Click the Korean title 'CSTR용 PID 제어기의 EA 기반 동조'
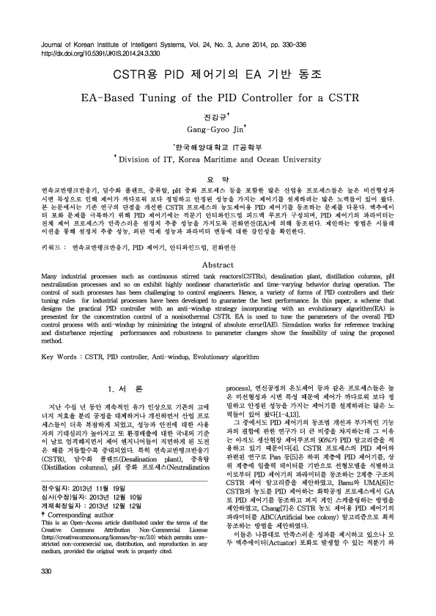click(x=217, y=75)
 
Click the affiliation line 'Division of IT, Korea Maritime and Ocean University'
click(x=221, y=157)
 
